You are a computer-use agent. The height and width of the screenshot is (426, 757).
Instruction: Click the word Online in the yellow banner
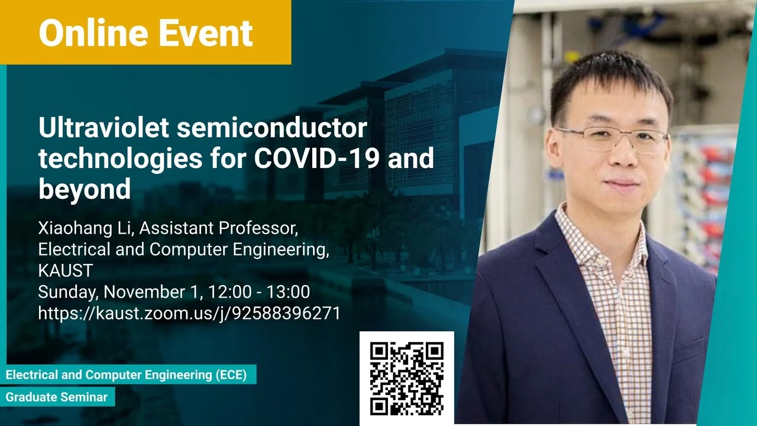point(93,33)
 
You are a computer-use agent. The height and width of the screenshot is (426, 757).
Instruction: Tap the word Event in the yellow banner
point(206,33)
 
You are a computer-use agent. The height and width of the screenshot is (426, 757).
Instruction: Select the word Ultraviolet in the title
point(103,127)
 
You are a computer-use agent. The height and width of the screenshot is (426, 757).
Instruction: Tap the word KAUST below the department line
point(66,270)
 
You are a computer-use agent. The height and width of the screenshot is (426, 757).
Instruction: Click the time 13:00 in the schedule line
point(288,292)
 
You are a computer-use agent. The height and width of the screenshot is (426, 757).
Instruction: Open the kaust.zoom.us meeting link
point(189,313)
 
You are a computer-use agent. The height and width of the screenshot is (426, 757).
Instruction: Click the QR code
point(407,378)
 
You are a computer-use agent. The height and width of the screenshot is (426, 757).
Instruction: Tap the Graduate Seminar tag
point(57,397)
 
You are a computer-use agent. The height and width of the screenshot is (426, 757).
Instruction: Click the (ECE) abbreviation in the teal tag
point(231,375)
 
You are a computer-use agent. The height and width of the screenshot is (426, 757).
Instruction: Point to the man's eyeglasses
point(612,138)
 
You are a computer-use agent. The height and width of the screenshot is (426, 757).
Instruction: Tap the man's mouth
point(622,183)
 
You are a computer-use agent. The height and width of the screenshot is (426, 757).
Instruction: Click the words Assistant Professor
point(219,228)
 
